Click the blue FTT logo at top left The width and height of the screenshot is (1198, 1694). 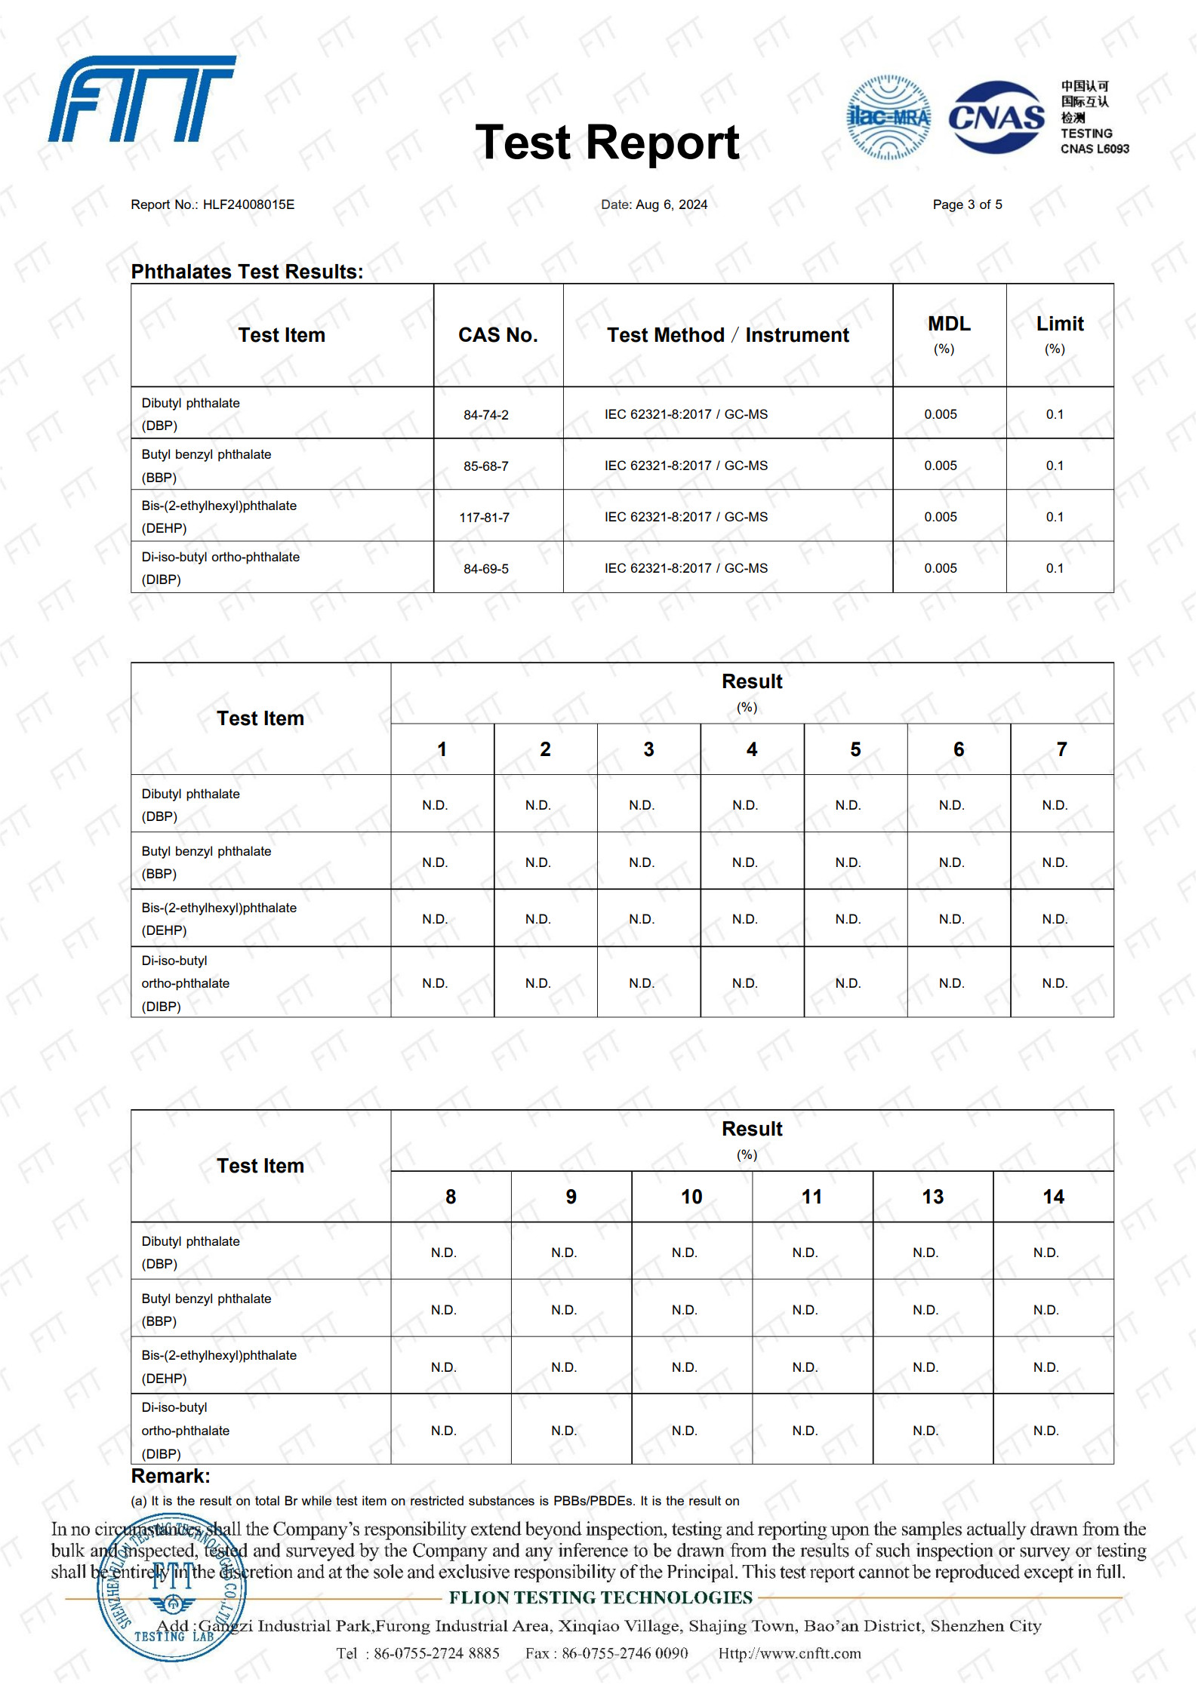142,99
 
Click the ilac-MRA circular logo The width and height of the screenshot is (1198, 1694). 888,117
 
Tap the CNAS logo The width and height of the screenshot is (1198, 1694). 996,118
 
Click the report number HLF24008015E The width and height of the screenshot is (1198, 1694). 248,204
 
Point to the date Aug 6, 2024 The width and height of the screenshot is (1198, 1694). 671,204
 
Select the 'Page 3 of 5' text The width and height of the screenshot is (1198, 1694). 967,204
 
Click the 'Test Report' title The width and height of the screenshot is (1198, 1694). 607,142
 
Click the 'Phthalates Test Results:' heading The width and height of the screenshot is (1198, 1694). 247,272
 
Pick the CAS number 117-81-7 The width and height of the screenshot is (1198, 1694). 484,518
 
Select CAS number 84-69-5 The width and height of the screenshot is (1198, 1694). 485,569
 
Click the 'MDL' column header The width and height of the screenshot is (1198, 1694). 949,324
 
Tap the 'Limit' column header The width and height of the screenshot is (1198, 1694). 1059,324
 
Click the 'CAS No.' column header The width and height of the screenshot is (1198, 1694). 497,335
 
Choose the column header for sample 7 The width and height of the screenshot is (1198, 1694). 1061,749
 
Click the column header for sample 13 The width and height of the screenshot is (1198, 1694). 932,1197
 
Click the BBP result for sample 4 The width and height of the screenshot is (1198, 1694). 744,862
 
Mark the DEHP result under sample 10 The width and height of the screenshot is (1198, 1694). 684,1367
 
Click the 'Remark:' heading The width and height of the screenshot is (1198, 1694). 171,1476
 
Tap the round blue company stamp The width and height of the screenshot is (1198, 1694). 172,1588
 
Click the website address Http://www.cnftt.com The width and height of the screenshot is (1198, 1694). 789,1653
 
